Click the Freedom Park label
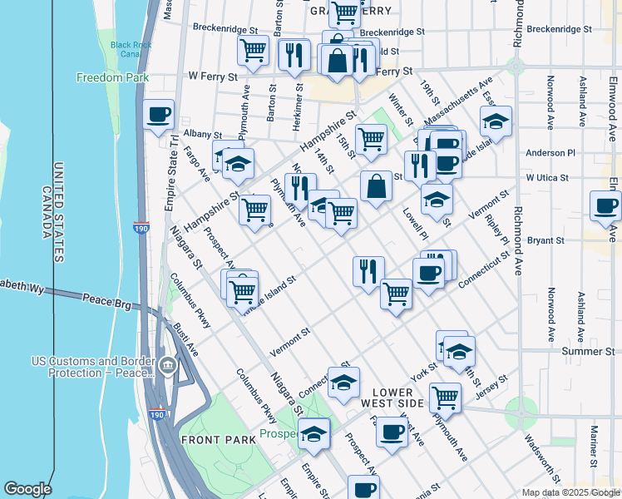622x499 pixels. (111, 78)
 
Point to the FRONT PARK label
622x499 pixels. (212, 440)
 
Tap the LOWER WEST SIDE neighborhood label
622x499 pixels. (398, 397)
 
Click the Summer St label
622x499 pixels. (587, 352)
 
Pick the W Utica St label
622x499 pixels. (546, 178)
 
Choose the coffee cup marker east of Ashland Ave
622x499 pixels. (605, 205)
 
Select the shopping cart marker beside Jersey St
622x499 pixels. (446, 398)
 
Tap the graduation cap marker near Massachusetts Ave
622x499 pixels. (496, 121)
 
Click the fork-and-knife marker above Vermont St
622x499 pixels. (368, 270)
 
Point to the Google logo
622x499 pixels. (27, 489)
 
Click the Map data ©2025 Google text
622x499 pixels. (570, 492)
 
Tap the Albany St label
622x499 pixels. (203, 134)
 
